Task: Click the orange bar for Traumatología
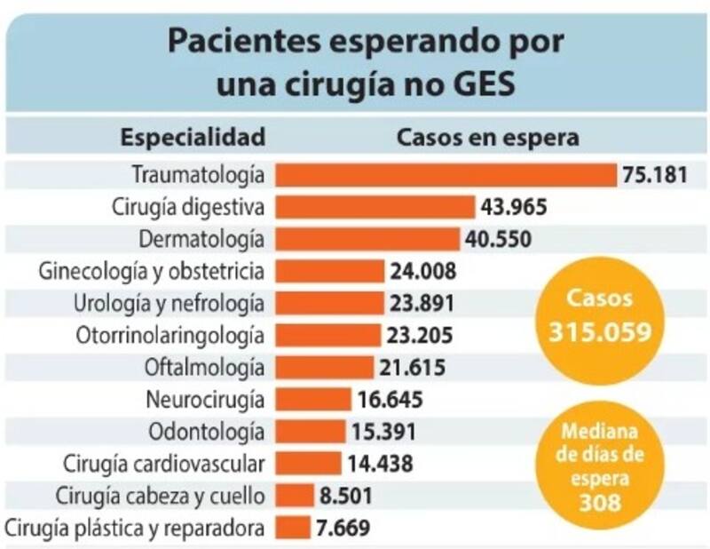click(446, 174)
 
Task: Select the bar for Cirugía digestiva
click(375, 207)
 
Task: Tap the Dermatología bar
click(367, 239)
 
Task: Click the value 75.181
click(655, 174)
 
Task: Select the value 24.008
click(422, 271)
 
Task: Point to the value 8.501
click(344, 495)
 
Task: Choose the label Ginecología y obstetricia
click(153, 270)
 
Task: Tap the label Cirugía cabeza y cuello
click(160, 495)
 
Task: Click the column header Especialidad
click(193, 138)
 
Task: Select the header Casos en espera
click(487, 138)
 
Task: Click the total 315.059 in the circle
click(602, 330)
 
